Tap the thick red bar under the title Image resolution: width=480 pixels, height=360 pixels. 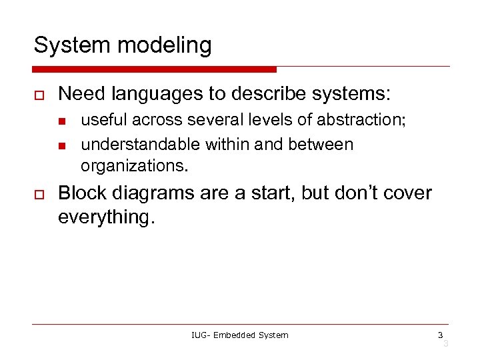pos(154,69)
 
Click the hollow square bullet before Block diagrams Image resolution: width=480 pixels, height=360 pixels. pos(39,194)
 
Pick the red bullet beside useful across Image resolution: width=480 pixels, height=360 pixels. pos(61,121)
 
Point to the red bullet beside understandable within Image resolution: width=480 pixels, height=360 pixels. pos(61,145)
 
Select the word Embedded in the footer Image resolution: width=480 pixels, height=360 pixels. pos(237,335)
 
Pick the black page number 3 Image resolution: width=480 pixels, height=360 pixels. pos(440,335)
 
